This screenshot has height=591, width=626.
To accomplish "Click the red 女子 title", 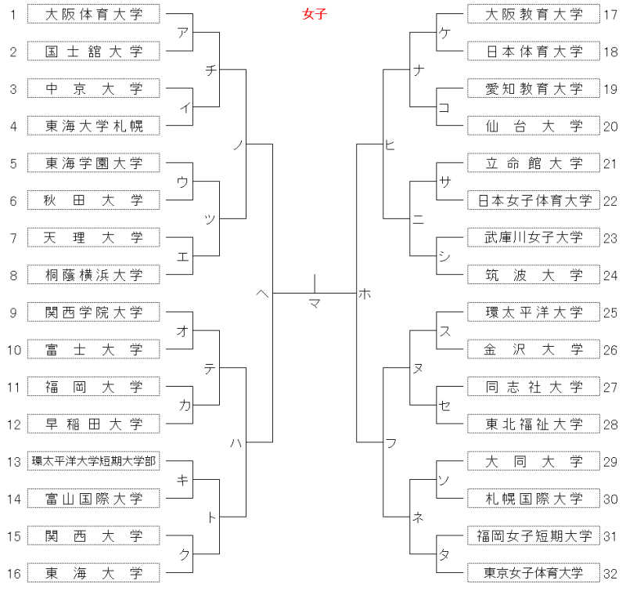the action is pos(315,14).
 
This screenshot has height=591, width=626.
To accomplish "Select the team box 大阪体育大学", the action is pos(93,14).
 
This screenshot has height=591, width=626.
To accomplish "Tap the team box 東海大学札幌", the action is pos(93,126).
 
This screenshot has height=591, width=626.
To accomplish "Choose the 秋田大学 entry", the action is pos(93,200).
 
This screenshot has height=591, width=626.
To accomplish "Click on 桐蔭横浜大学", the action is pos(93,275).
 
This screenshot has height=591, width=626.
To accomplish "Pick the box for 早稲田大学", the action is pos(93,423).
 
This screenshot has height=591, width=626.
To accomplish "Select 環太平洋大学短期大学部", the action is pos(93,461).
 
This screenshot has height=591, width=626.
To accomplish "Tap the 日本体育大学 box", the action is pos(534,51).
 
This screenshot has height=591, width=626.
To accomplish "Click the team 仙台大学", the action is pos(534,126).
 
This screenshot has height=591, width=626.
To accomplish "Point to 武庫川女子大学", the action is pos(534,237).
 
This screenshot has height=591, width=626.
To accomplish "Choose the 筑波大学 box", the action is pos(534,275).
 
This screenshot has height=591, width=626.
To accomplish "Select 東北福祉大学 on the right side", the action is pos(534,423).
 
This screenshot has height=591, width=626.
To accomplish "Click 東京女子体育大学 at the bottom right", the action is pos(534,573).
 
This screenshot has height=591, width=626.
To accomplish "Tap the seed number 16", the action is pos(13,574).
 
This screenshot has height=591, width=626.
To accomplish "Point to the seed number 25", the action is pos(610,312).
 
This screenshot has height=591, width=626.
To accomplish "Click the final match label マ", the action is pos(315,304).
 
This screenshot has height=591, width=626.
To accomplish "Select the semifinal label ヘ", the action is pos(262,294).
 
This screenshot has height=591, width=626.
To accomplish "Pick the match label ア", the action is pos(182,32).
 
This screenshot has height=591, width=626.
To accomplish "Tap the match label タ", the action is pos(444,554).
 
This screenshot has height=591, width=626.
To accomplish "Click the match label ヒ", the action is pos(390,145).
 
